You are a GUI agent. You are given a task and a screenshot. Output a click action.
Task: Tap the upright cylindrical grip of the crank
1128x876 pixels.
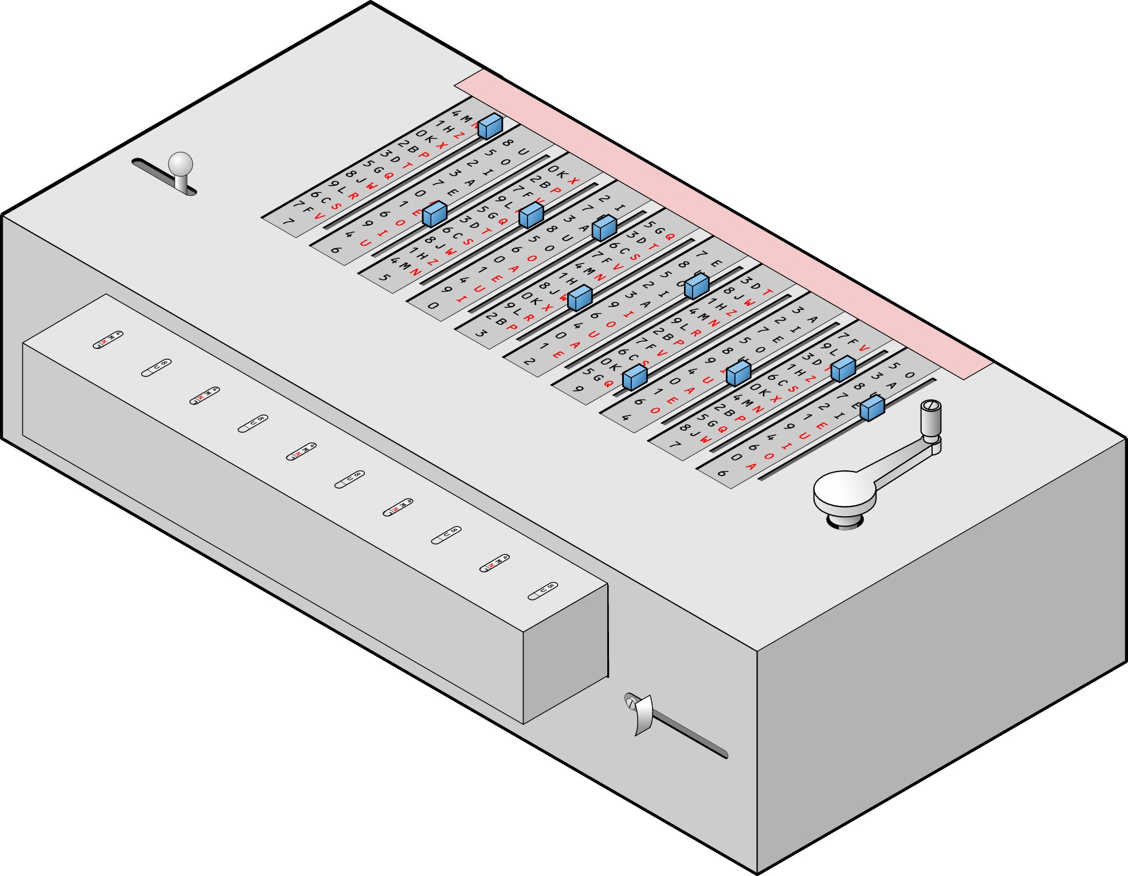pyautogui.click(x=930, y=419)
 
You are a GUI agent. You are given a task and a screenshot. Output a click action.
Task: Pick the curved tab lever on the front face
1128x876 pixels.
pyautogui.click(x=641, y=713)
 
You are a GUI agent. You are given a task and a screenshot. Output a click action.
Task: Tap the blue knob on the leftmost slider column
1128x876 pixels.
pyautogui.click(x=490, y=126)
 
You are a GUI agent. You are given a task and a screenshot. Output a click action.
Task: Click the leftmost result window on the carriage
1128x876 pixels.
pyautogui.click(x=108, y=340)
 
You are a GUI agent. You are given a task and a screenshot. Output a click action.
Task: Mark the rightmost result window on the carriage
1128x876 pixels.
pyautogui.click(x=543, y=591)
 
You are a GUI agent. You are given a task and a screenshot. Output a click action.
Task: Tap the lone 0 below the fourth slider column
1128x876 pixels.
pyautogui.click(x=433, y=305)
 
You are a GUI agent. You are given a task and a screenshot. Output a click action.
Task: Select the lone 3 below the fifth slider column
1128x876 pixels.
pyautogui.click(x=481, y=333)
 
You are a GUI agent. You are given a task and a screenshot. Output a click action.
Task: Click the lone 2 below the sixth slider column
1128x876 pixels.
pyautogui.click(x=529, y=362)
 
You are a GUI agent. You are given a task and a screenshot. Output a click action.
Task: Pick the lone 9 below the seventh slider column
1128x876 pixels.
pyautogui.click(x=578, y=390)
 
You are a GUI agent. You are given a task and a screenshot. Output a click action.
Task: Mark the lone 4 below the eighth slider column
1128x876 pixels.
pyautogui.click(x=626, y=417)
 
